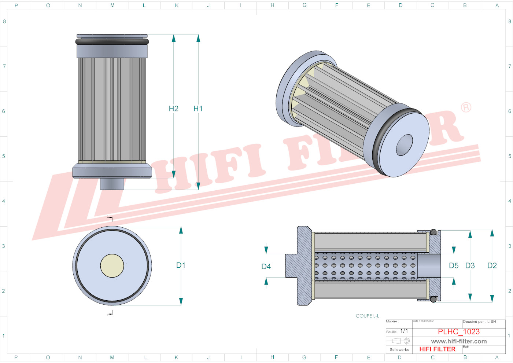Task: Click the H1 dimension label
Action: tap(198, 109)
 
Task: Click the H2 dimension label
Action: tap(173, 109)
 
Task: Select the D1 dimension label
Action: tap(181, 265)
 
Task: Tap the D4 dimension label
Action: tap(266, 267)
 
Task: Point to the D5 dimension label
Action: tap(454, 265)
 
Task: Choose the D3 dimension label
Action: tap(470, 265)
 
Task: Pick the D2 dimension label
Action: tap(492, 265)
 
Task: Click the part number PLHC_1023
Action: tap(458, 331)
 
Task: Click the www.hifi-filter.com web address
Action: tap(459, 341)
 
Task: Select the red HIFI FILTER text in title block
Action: tap(437, 349)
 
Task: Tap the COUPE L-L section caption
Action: tap(367, 316)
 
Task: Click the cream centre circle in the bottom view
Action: tap(112, 266)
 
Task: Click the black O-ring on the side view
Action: tap(112, 42)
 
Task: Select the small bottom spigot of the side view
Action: tap(112, 184)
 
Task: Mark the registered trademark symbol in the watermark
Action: tap(466, 107)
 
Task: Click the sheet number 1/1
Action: tap(404, 331)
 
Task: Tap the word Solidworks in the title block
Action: tap(399, 349)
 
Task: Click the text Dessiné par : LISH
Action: tap(479, 322)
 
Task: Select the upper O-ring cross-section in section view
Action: tap(433, 232)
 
